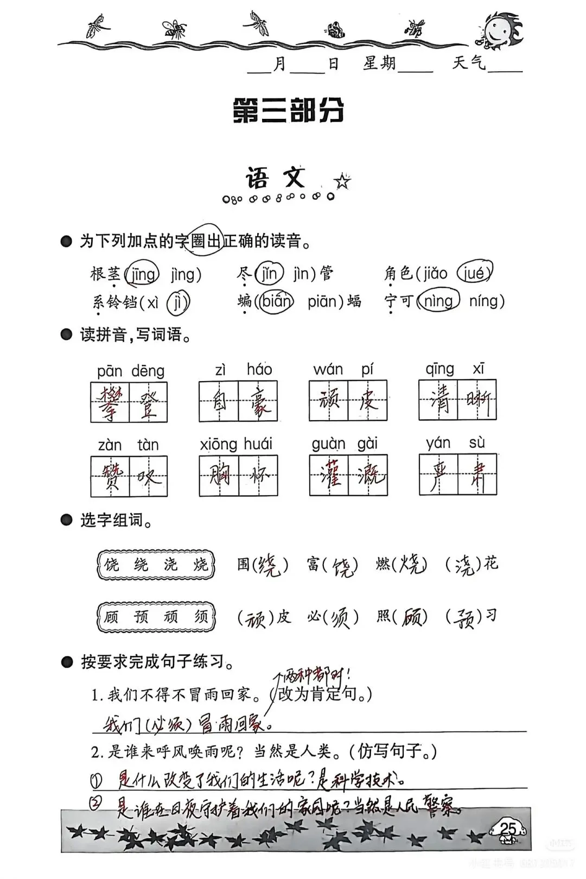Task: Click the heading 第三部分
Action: (288, 111)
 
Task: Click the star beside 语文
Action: (342, 181)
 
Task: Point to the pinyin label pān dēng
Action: (130, 371)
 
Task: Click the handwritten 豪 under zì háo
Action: (258, 402)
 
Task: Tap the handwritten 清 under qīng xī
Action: (438, 401)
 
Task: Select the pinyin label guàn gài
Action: (345, 444)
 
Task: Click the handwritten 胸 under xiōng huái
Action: (219, 476)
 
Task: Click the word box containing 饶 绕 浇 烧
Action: (156, 565)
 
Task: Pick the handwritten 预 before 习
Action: (464, 618)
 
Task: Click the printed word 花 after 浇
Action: (491, 564)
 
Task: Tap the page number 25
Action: (508, 829)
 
